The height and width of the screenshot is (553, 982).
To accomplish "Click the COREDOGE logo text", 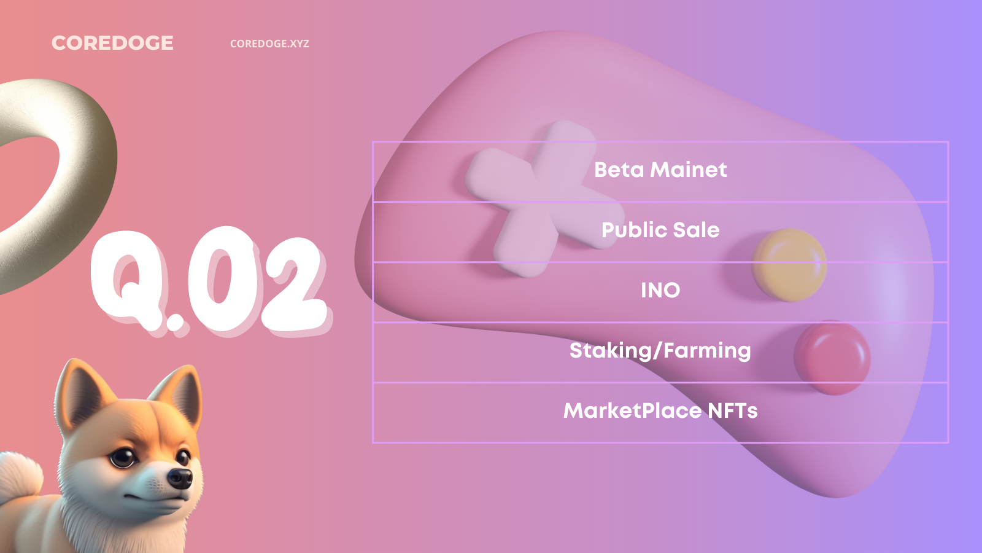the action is tap(113, 43).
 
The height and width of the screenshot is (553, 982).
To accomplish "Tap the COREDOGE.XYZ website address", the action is tap(269, 44).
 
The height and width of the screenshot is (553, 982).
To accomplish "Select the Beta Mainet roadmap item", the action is tap(660, 170).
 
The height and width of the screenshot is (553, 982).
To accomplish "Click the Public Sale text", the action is tap(660, 230).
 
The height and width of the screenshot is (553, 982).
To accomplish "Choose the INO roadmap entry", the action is tap(660, 290).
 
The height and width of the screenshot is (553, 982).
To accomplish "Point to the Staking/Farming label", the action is tap(660, 351).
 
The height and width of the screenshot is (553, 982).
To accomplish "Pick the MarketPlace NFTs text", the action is tap(660, 411).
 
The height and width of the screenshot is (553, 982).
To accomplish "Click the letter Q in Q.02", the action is tap(130, 280).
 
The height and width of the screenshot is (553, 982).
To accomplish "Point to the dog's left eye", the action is tap(123, 457).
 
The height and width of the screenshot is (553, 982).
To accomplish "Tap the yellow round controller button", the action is tap(789, 265).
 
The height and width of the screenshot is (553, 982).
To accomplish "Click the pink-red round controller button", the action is tap(832, 358).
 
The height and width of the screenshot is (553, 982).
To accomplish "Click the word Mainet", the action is tap(688, 170).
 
